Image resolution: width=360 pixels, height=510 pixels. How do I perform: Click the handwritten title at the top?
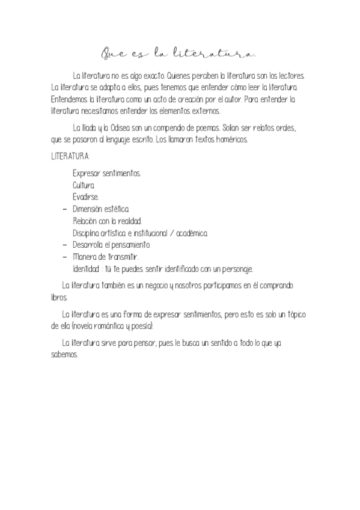pos(179,54)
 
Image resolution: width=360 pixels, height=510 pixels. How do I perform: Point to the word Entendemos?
pos(69,99)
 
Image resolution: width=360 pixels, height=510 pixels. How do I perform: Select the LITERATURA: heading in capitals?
pos(70,156)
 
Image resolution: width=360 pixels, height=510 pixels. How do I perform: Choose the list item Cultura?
pos(84,185)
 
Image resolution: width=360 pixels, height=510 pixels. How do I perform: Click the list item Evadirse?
pos(86,197)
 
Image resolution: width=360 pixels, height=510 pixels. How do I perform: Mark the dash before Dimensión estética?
pos(64,209)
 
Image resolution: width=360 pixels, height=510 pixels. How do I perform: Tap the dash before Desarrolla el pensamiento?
pos(64,245)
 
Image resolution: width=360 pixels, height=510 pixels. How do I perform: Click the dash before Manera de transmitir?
pos(64,257)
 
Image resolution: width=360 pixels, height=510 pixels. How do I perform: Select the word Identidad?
pos(86,269)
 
